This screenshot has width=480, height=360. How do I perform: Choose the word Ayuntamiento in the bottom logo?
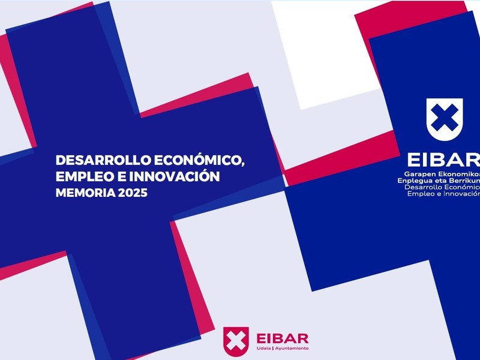pyautogui.click(x=292, y=349)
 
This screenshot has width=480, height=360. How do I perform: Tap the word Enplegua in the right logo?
pyautogui.click(x=409, y=181)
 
